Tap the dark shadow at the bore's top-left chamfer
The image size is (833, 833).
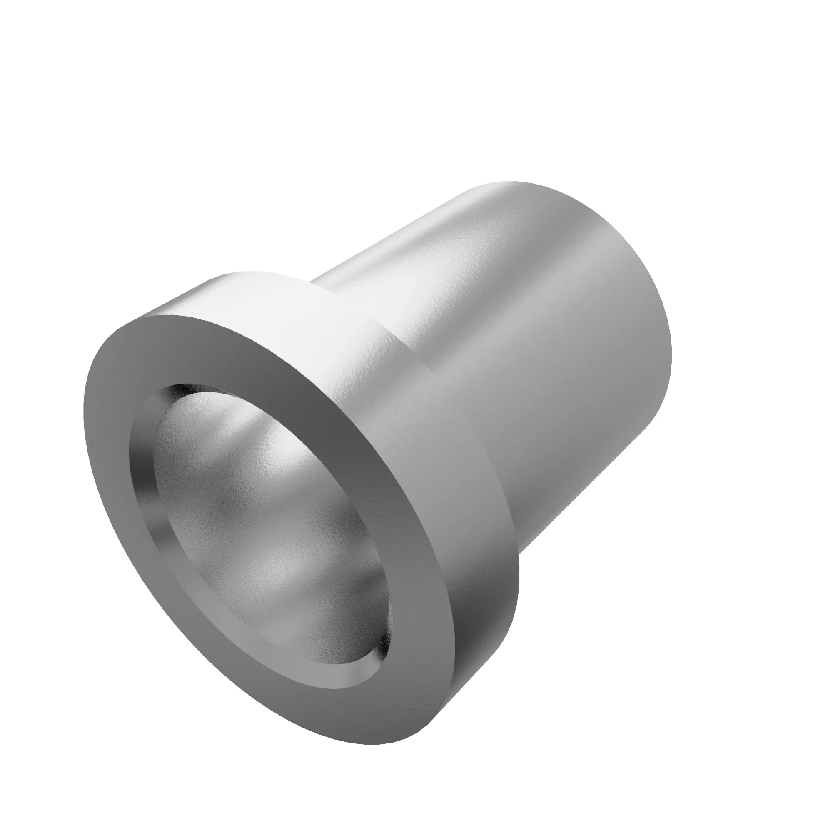[172, 394]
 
